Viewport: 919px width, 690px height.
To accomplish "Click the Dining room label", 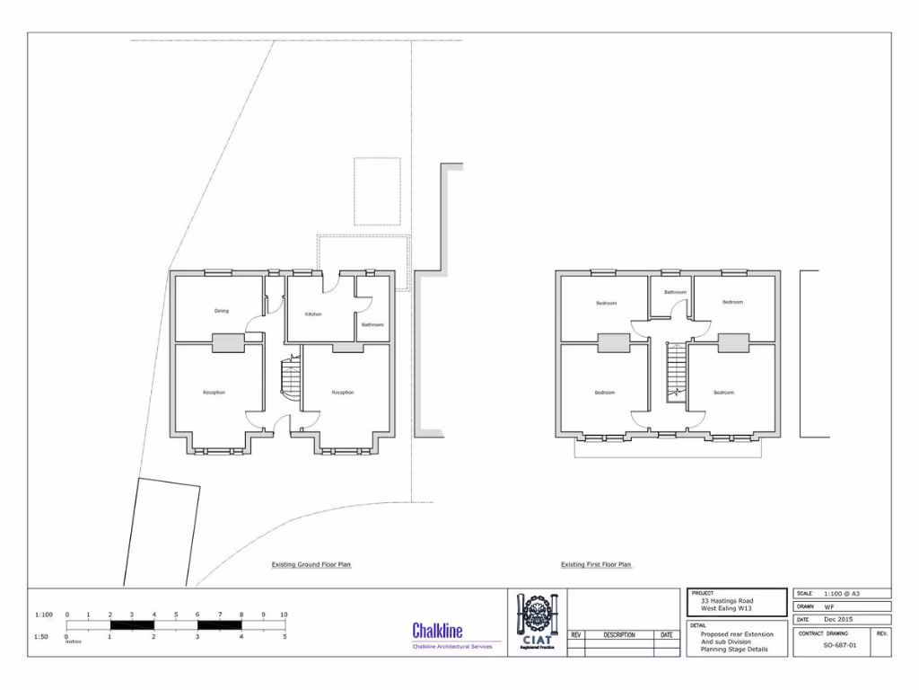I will click(x=221, y=311).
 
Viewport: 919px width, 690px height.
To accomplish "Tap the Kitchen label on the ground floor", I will click(x=313, y=314).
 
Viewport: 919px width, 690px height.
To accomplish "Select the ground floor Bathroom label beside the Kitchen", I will click(x=372, y=324).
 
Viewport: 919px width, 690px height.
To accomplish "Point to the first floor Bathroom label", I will click(x=675, y=292).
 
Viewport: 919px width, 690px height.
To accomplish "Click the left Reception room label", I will click(x=214, y=393).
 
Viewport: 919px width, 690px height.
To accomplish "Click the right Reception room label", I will click(x=343, y=393).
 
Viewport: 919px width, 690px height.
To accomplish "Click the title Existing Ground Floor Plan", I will click(x=311, y=565).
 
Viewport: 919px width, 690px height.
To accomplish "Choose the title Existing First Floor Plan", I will click(x=596, y=565).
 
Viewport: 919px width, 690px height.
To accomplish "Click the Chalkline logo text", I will click(x=437, y=630).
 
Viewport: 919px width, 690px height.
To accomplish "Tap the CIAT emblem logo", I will click(x=538, y=619).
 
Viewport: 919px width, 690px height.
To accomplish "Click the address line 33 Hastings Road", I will click(x=727, y=601).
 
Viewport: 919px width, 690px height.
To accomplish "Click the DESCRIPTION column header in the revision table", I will click(x=619, y=635).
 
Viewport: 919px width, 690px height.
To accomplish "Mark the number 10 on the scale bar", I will click(x=284, y=615).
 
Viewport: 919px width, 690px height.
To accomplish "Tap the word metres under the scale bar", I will click(x=73, y=641).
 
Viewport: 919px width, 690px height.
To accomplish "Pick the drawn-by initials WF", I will click(x=829, y=606).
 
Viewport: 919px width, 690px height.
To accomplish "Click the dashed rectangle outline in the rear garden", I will click(x=377, y=191).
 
